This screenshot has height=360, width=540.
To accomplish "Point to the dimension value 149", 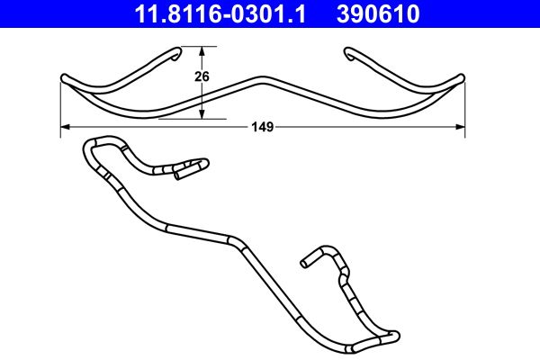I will (262, 128).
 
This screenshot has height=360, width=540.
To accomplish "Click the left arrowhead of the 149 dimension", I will (64, 128).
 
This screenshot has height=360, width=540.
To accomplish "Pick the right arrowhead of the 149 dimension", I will (461, 128).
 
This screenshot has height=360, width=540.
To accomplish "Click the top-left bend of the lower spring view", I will (90, 145).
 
